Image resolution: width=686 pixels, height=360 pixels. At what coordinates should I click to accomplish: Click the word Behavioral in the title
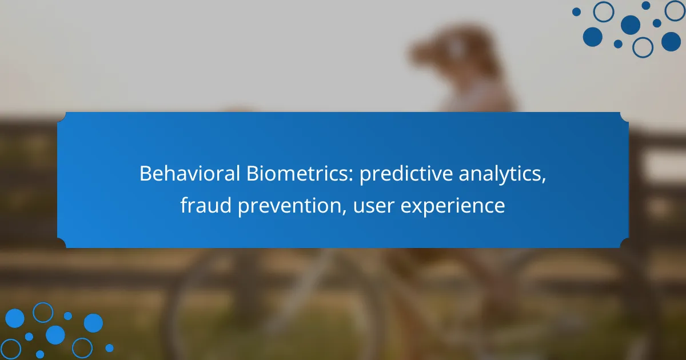(190, 173)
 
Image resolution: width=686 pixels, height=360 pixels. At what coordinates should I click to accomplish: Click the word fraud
(205, 205)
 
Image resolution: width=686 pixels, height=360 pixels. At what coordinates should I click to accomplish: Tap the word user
(374, 207)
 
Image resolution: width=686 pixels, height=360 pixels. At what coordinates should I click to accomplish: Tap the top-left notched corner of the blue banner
(62, 117)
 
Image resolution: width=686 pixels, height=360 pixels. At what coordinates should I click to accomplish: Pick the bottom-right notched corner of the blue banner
(624, 243)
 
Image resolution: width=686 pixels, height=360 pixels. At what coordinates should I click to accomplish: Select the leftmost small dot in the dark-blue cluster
(576, 12)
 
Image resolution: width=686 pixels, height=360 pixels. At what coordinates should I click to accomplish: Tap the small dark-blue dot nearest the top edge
(646, 6)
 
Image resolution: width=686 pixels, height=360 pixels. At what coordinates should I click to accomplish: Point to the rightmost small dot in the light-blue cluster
(109, 348)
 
